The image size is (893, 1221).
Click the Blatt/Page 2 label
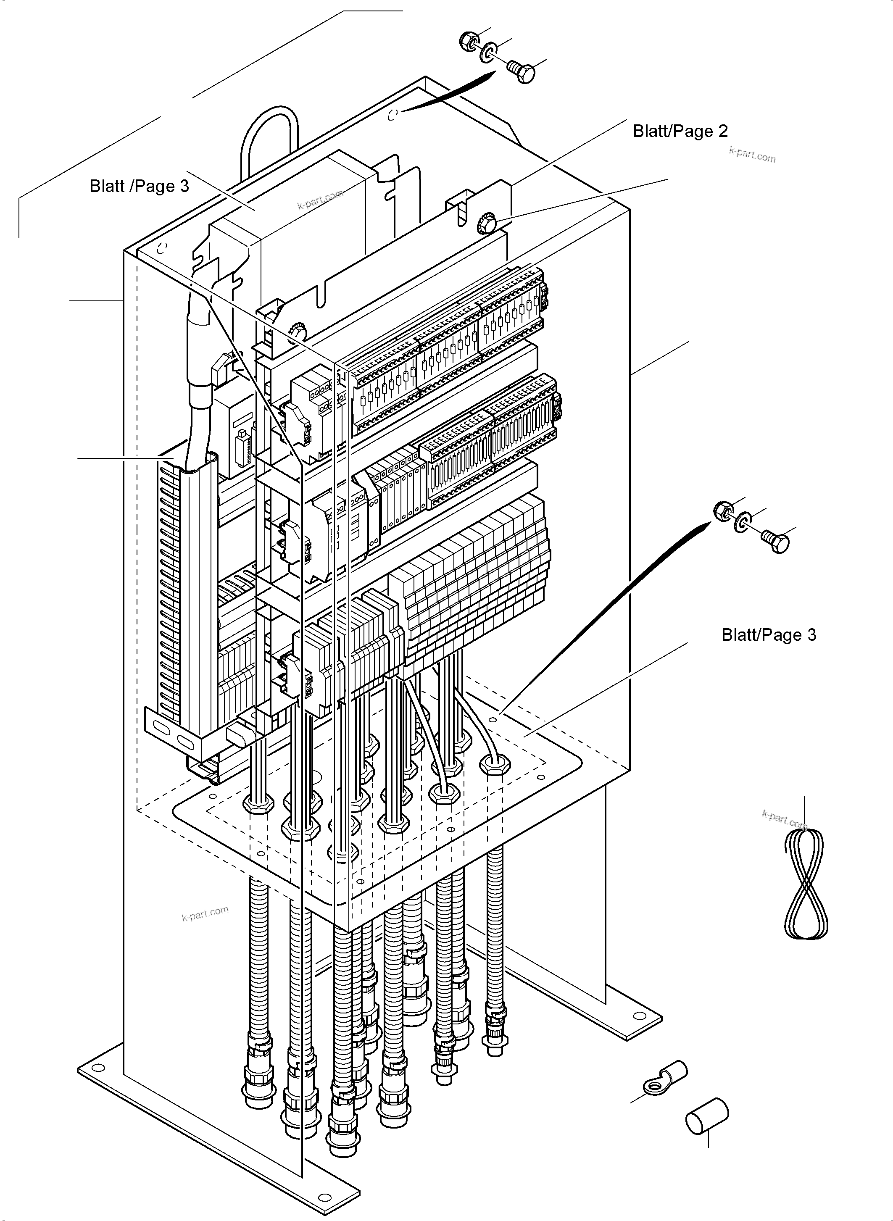pos(680,132)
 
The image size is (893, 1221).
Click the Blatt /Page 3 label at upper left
pos(139,187)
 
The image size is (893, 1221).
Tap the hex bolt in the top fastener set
pos(522,72)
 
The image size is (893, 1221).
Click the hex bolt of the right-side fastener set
pos(776,542)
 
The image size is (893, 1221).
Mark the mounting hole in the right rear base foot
pos(640,1015)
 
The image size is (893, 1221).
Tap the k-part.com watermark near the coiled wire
pos(784,819)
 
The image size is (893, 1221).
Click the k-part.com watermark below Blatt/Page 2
pos(752,155)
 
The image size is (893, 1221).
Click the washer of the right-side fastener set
pos(742,522)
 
